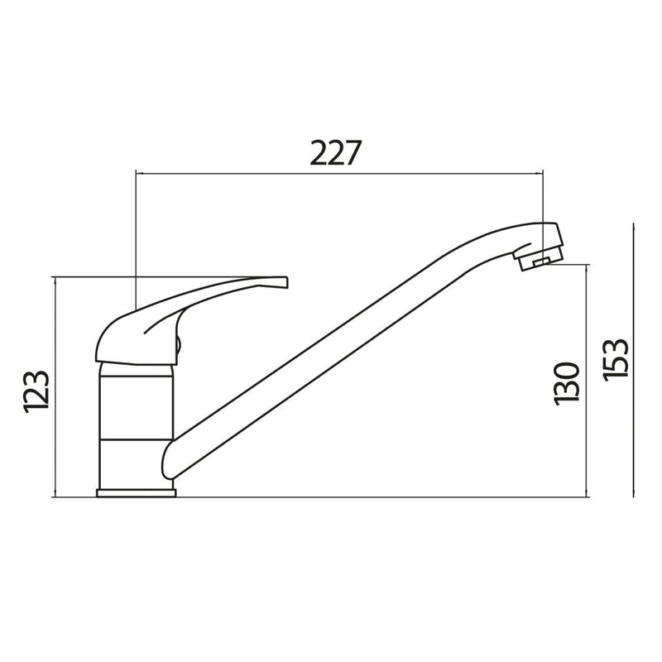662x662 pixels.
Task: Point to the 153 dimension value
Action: (x=617, y=357)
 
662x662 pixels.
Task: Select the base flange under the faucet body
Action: (x=137, y=493)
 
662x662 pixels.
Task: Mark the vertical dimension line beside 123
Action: (x=54, y=389)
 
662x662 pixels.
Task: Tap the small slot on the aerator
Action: (x=542, y=262)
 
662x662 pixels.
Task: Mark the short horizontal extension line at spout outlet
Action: (x=571, y=265)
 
